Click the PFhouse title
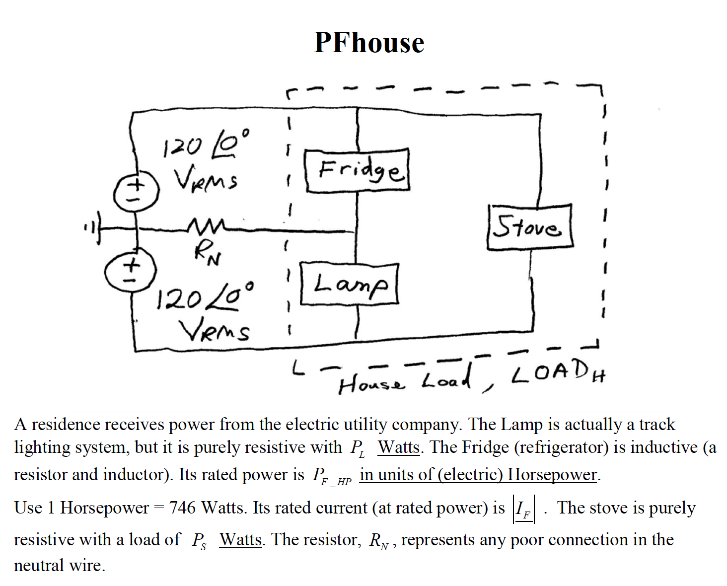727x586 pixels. (369, 43)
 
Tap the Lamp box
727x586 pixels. (350, 284)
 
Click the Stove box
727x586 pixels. (529, 227)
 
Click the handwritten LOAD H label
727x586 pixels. (559, 372)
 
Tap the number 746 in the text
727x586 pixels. (182, 508)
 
